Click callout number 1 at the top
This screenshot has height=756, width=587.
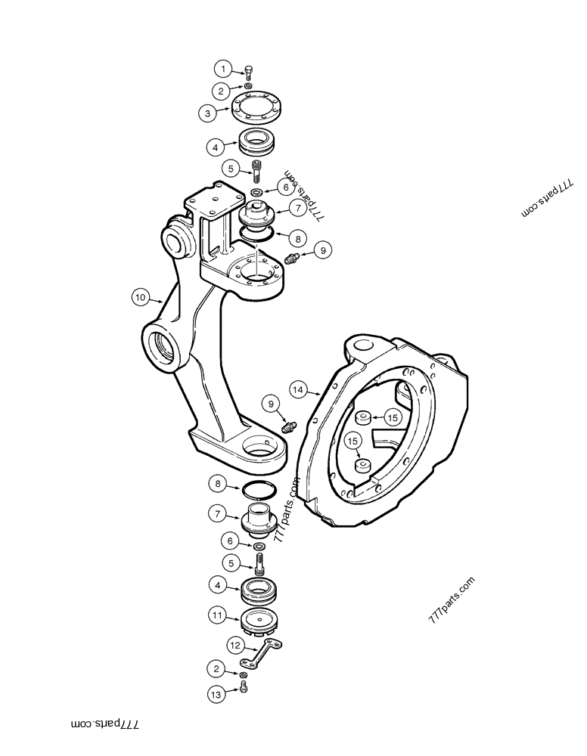[223, 69]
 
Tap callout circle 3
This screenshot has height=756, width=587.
[207, 114]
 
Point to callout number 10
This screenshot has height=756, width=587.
[140, 297]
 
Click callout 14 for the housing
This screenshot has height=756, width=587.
[299, 389]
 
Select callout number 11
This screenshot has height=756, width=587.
[217, 615]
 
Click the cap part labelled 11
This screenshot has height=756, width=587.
[259, 621]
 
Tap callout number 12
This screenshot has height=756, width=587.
[235, 646]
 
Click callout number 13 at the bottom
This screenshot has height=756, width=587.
[216, 694]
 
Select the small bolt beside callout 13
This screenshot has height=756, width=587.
[244, 688]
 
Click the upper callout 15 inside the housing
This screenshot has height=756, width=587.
[393, 417]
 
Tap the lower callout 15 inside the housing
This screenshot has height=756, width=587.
[353, 441]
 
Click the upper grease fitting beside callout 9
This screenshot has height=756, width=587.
[293, 258]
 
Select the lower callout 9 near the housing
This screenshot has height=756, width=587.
[271, 404]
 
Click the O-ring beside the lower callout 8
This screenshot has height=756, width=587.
[259, 491]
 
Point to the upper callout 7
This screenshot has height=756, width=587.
[297, 208]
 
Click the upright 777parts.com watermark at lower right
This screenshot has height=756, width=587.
[451, 600]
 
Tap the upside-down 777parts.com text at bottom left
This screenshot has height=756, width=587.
[105, 724]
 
